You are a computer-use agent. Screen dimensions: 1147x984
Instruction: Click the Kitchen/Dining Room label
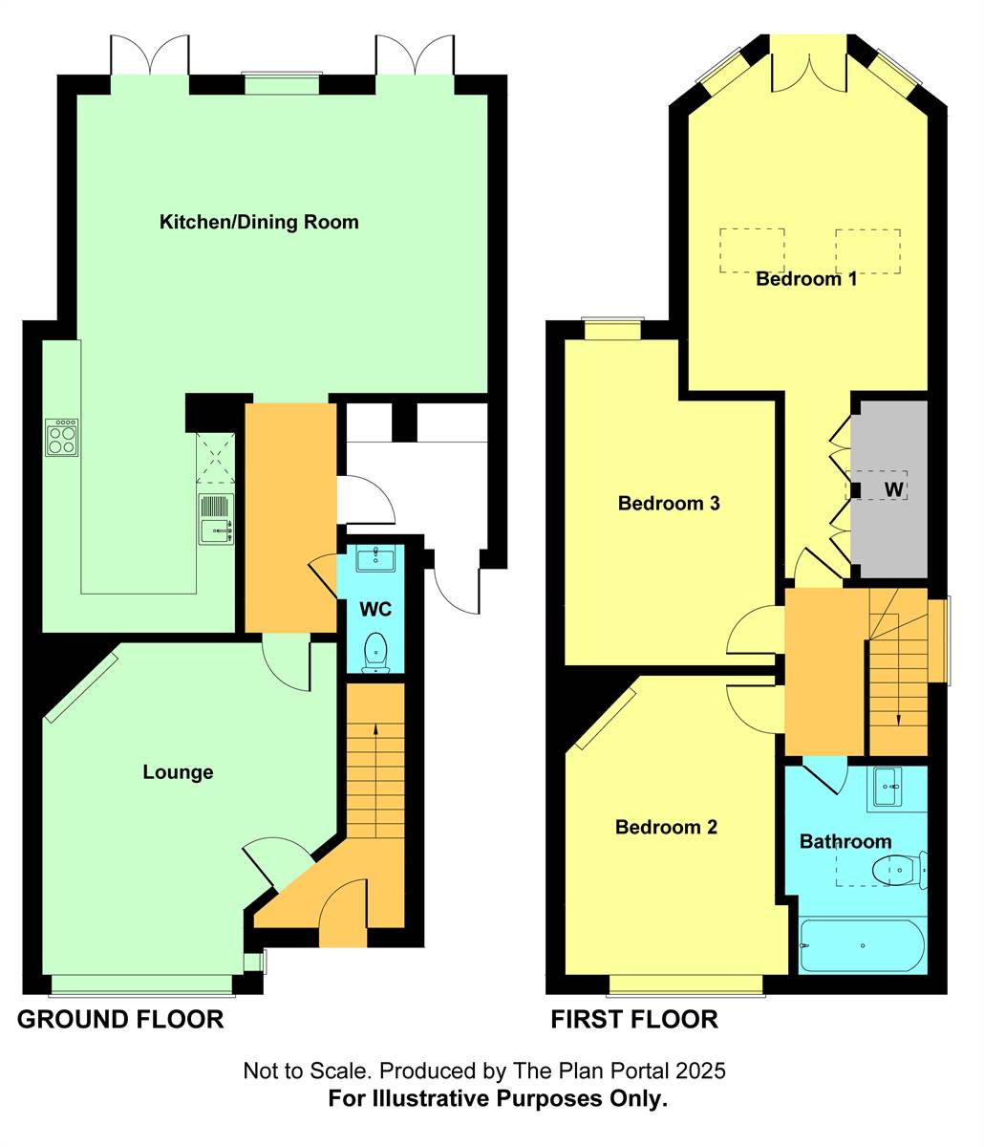pos(259,223)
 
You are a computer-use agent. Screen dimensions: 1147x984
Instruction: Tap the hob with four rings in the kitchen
pos(62,438)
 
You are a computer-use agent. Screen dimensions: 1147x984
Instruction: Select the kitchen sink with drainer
pos(217,520)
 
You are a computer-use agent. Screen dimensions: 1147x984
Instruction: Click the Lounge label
pos(178,772)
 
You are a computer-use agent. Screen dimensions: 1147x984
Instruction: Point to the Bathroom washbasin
pos(888,788)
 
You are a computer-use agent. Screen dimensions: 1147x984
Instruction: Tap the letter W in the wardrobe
pos(894,489)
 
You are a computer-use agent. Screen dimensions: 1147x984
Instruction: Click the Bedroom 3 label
pos(668,504)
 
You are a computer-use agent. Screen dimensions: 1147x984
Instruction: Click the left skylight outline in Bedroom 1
pos(752,250)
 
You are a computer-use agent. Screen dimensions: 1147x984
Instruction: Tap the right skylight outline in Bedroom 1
pos(867,250)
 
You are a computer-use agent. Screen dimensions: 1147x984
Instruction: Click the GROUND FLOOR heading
pos(120,1020)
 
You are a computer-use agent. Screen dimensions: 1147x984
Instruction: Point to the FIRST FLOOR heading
pos(634,1020)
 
